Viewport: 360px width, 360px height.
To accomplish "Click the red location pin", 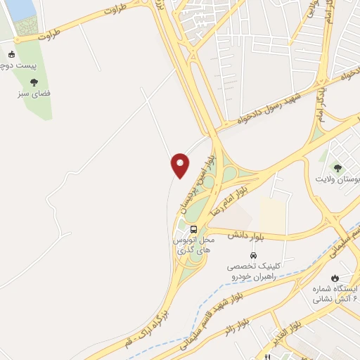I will (x=180, y=165).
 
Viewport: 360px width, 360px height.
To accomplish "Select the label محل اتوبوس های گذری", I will (x=193, y=245).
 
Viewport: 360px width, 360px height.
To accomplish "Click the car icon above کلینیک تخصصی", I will (x=252, y=255).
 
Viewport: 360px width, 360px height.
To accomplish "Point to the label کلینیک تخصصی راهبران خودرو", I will (x=253, y=272).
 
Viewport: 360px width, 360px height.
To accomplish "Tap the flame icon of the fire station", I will (x=336, y=277).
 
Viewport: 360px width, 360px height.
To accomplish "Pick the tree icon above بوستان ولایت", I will (x=337, y=168).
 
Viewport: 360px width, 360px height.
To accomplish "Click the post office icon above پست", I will (x=12, y=54).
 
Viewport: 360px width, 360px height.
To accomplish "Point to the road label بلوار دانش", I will (x=246, y=234).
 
